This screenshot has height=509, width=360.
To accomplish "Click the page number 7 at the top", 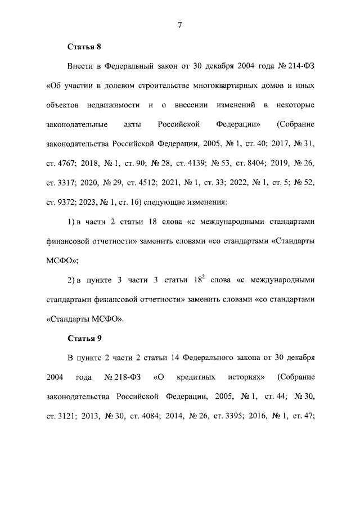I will coord(179,24).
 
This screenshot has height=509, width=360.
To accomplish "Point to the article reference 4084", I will coord(148,416).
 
